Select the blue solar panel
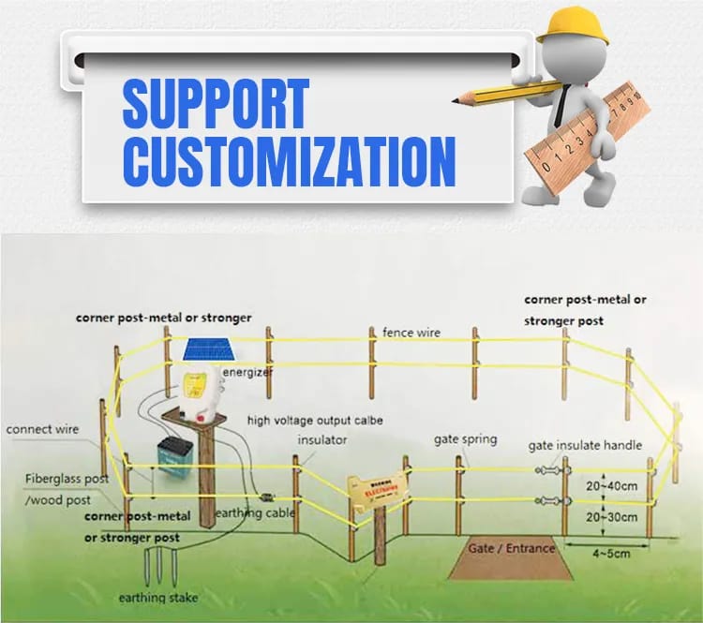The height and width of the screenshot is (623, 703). click(209, 351)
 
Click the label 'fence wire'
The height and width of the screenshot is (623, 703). click(411, 333)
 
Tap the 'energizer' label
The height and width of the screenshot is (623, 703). click(247, 373)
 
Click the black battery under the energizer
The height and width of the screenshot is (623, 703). click(173, 453)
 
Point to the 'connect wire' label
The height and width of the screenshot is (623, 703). click(42, 429)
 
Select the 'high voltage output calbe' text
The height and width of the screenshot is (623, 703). click(315, 421)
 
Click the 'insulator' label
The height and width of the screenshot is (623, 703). click(322, 438)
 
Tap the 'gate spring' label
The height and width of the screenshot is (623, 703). click(465, 438)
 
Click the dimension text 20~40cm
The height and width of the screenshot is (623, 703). click(612, 485)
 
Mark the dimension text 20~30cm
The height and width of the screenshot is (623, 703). click(612, 517)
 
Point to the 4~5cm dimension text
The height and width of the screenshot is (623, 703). click(612, 555)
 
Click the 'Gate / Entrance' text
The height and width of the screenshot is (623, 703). click(512, 548)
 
